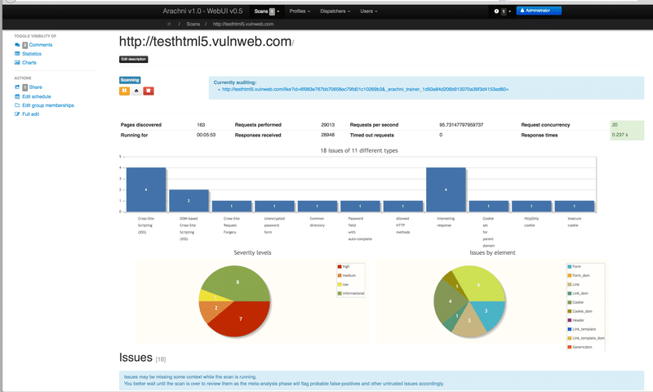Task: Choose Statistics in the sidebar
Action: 32,54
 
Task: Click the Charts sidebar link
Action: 29,63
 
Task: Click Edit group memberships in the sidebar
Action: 47,105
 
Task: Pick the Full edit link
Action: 31,114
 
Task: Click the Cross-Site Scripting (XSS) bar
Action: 146,189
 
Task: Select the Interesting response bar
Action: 446,189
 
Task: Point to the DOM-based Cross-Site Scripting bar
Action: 189,201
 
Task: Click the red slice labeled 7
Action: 242,318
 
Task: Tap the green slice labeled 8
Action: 238,282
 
